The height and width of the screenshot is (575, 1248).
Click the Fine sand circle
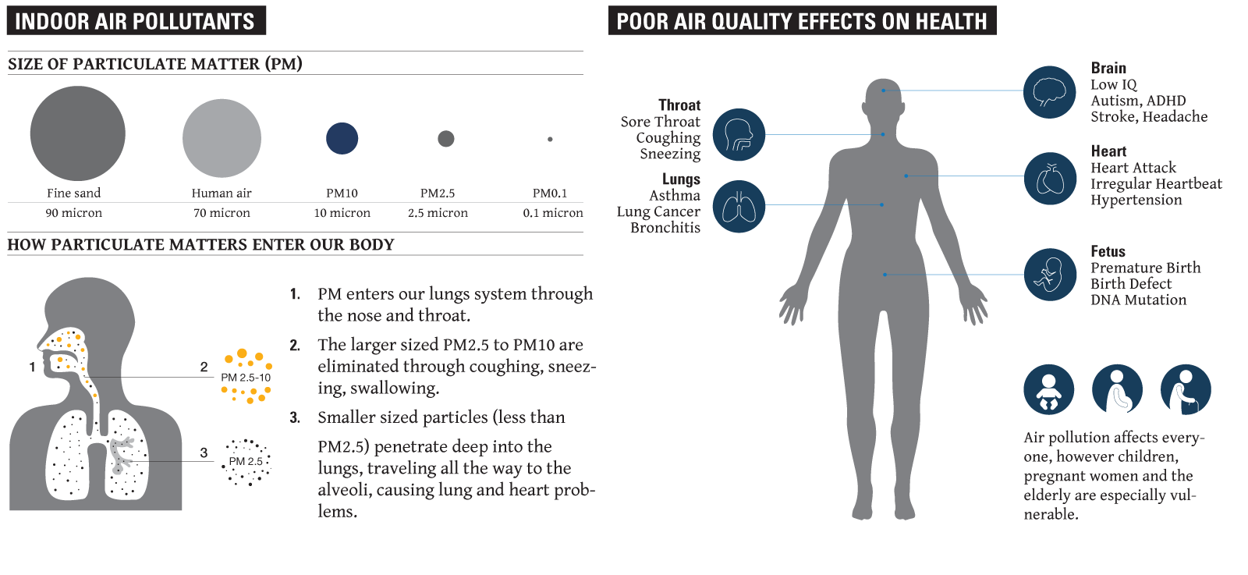point(77,133)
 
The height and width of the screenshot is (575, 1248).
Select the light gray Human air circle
point(222,138)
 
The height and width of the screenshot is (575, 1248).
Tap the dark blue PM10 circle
point(342,138)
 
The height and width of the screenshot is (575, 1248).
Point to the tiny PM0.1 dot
point(550,140)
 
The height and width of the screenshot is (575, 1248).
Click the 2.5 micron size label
point(438,213)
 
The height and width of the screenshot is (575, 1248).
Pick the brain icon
point(1049,92)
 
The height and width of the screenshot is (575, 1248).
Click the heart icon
point(1050,179)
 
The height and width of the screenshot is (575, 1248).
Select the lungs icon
point(739,206)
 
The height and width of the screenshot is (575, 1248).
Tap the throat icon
point(739,135)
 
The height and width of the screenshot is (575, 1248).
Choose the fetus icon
point(1050,275)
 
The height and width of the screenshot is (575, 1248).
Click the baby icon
point(1048,389)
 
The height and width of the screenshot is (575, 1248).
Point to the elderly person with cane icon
point(1186,389)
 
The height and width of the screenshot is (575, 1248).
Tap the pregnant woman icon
point(1117,389)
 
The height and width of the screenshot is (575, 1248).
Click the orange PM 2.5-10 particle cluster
point(246,377)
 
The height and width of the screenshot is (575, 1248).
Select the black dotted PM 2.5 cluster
point(246,462)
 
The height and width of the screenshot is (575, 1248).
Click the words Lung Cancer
point(658,211)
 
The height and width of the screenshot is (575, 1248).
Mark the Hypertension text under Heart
point(1136,200)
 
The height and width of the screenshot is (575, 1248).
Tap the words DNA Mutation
point(1138,300)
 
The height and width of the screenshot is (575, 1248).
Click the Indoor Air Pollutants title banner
point(136,20)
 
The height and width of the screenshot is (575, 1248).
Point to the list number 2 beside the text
point(295,346)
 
